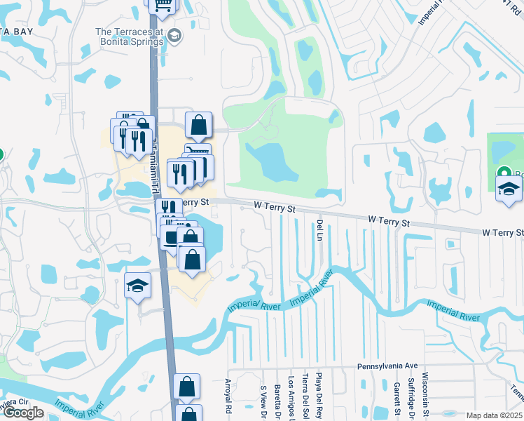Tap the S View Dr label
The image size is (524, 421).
point(263,400)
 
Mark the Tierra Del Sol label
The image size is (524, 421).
point(305,397)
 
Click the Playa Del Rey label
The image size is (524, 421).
point(318,396)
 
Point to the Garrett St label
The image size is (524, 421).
point(396,396)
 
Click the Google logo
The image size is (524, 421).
point(22,413)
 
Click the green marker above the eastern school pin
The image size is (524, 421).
point(504,173)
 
